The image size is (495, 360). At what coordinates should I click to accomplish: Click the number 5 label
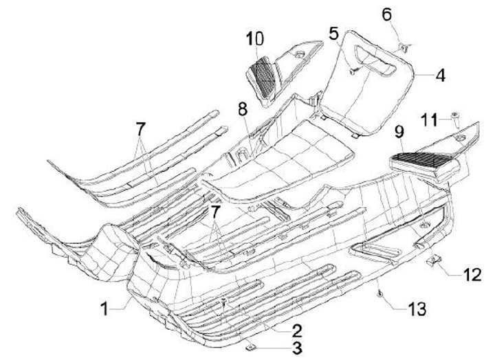(x=334, y=32)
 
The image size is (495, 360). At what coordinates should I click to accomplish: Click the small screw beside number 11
(x=454, y=117)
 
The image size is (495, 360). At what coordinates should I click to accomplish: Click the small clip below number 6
(x=404, y=46)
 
